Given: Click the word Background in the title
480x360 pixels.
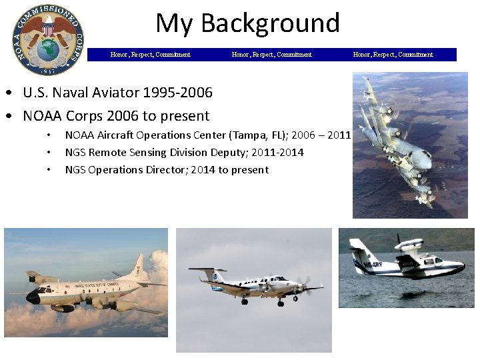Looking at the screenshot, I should [x=270, y=23].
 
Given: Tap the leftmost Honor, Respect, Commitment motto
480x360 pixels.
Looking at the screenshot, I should [x=150, y=55].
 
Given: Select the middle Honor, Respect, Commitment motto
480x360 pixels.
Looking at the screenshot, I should [x=271, y=55].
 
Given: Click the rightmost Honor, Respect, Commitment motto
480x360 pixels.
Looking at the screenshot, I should [x=393, y=55].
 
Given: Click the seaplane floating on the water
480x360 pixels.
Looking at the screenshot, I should [x=407, y=263].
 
